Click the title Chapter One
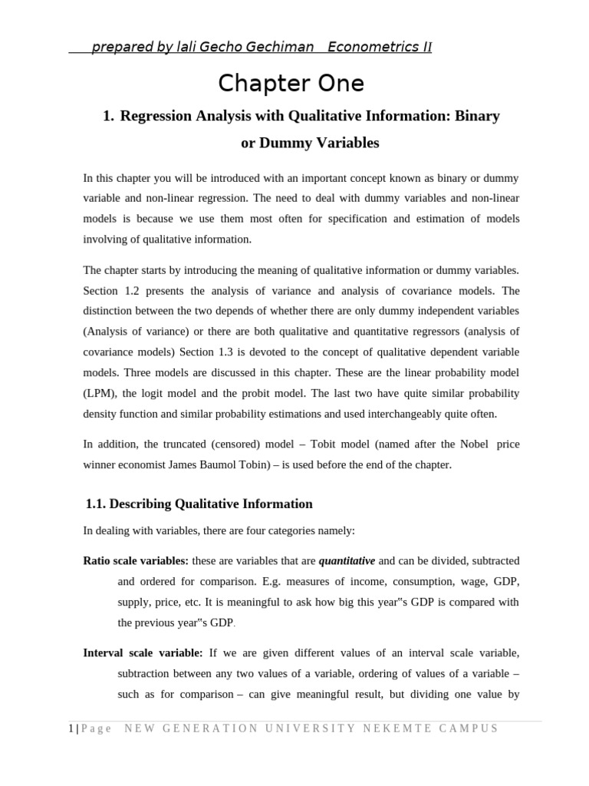pos(291,82)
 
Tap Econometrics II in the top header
pos(380,48)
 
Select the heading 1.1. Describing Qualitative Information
pos(199,504)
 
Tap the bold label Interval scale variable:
pos(143,652)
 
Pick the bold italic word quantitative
pos(347,560)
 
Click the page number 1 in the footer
pos(70,728)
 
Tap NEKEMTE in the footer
pos(397,728)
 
